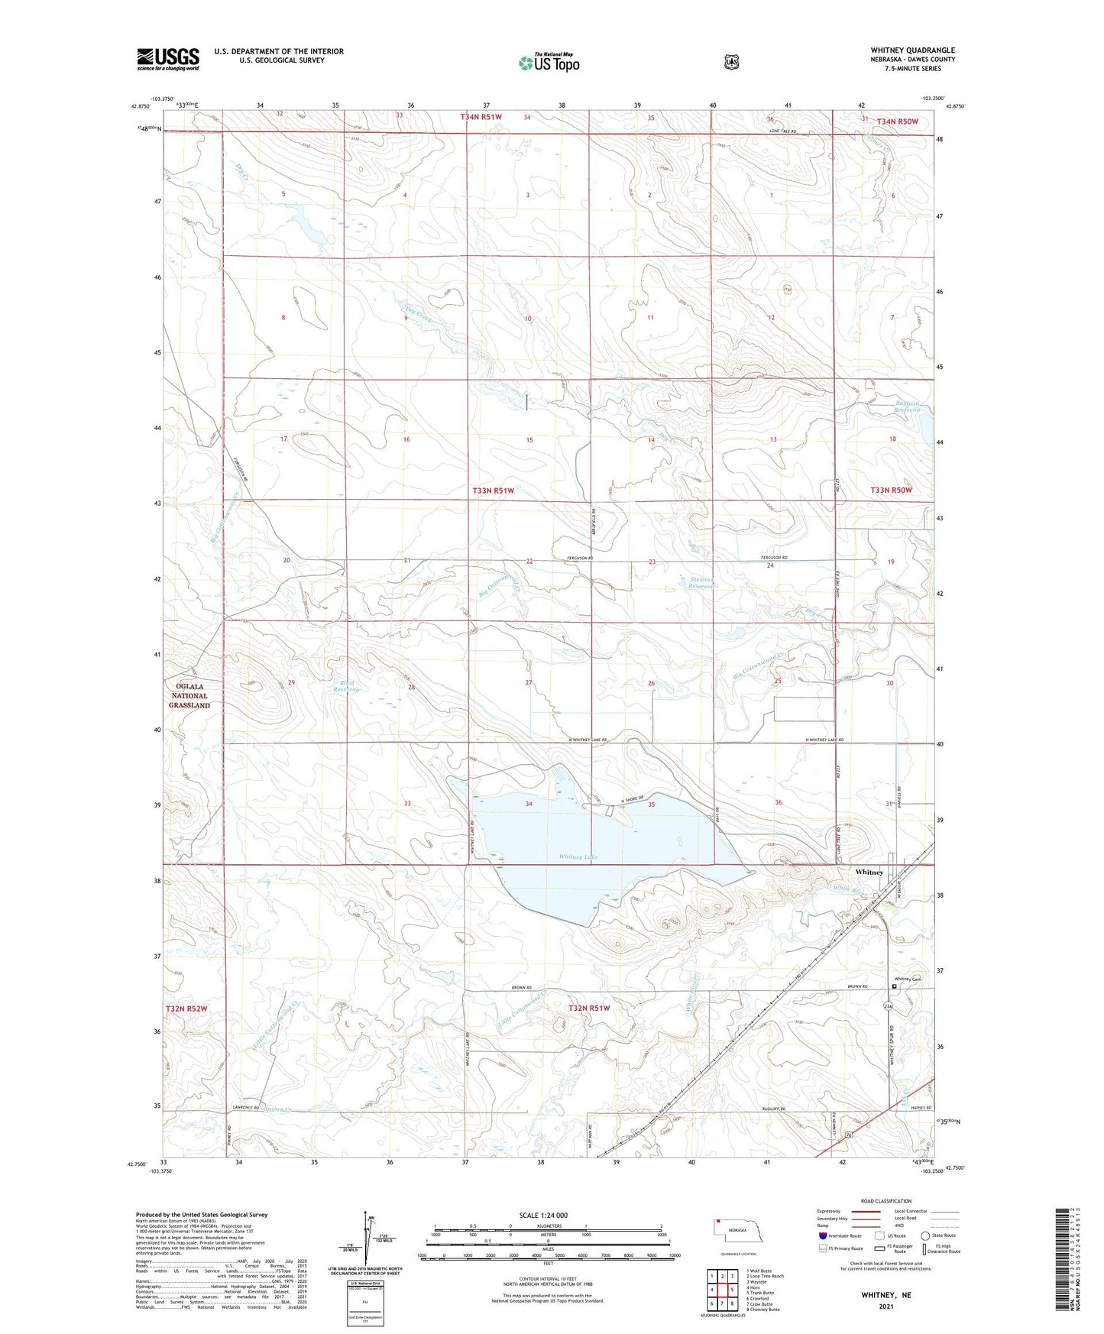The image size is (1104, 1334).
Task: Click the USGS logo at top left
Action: (168, 59)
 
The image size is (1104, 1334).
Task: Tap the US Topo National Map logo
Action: (549, 62)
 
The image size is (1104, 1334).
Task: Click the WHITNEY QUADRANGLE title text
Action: (912, 50)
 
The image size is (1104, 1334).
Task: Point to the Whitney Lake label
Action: (578, 857)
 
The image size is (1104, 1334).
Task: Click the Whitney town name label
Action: (869, 872)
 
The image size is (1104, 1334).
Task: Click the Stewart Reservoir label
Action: (701, 584)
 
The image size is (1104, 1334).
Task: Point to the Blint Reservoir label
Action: (345, 686)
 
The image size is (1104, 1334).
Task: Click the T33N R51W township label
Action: (493, 490)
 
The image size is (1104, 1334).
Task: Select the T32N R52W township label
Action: (186, 1009)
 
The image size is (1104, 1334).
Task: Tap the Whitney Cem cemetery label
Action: (908, 979)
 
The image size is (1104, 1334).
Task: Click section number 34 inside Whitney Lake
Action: (529, 804)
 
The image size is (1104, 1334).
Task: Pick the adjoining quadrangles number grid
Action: (722, 1290)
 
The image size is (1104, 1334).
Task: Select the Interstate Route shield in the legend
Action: (822, 1235)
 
